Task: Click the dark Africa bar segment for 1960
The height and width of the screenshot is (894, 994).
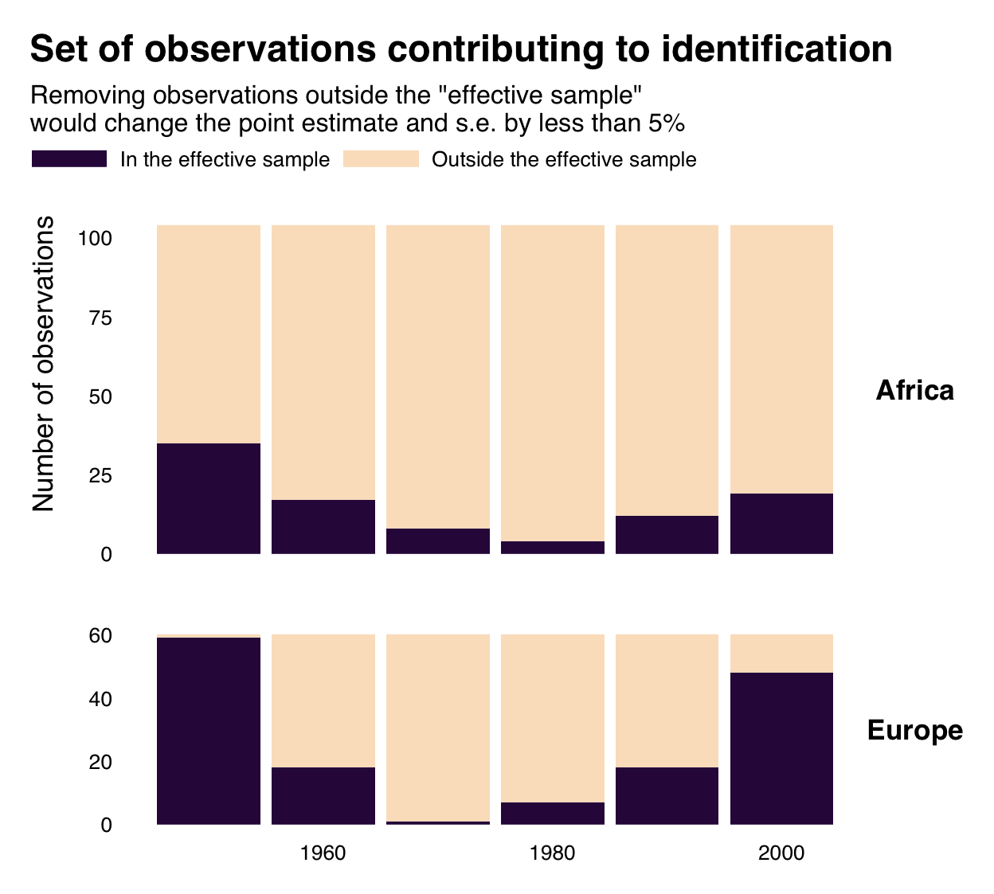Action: point(323,526)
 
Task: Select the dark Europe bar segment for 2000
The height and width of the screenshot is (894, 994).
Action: point(781,748)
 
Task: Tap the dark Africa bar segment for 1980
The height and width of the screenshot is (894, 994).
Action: point(553,548)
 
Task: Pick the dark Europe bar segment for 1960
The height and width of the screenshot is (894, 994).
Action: point(323,795)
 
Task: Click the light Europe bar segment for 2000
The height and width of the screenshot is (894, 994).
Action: point(781,654)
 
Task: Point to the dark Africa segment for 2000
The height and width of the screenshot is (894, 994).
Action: point(781,523)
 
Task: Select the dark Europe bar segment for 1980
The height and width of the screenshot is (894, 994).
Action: point(553,813)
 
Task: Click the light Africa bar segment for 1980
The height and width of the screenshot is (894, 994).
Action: point(553,382)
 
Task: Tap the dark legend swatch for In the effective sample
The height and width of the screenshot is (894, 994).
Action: point(69,159)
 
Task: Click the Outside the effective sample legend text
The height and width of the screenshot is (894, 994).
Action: point(564,160)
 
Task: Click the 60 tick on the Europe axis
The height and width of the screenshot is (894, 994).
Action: point(101,635)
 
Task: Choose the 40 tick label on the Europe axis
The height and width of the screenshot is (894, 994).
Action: point(101,699)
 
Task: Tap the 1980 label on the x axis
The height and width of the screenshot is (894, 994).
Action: point(553,853)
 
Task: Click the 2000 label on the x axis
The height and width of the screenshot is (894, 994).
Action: point(781,853)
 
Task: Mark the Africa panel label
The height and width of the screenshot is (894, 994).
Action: point(914,390)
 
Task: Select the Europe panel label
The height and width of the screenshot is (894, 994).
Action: point(914,730)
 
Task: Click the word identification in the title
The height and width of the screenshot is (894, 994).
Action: point(777,49)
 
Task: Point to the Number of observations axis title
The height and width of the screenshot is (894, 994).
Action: point(44,363)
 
